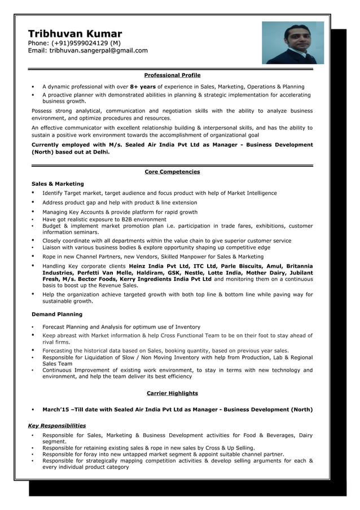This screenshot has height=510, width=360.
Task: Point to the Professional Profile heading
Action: [172, 75]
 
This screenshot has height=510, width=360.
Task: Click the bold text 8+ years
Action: [143, 86]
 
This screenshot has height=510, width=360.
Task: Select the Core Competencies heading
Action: [172, 172]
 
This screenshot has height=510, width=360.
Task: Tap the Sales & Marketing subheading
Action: [58, 184]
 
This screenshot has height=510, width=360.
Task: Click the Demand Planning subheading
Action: [56, 314]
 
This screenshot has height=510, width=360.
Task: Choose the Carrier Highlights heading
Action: [172, 393]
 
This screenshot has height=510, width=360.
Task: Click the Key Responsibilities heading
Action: [57, 425]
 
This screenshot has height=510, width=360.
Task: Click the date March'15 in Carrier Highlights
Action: [56, 409]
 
